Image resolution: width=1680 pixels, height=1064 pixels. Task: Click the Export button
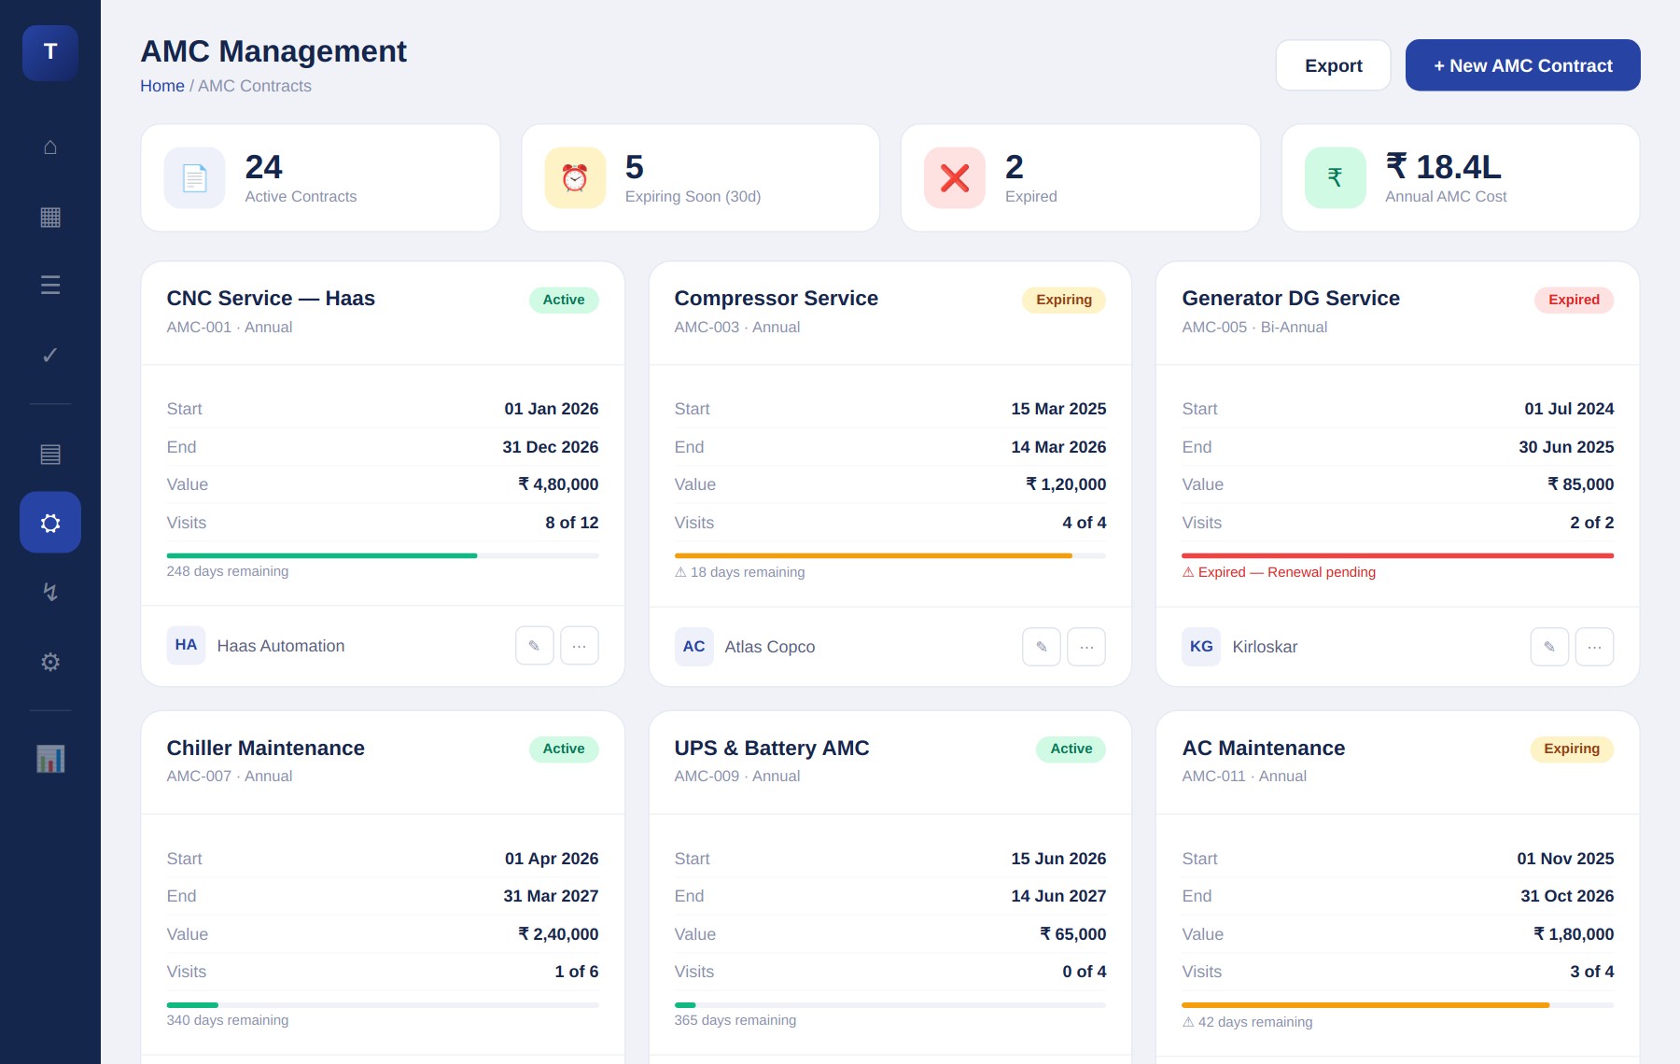click(x=1333, y=65)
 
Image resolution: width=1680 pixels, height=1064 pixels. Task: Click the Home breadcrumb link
click(x=162, y=86)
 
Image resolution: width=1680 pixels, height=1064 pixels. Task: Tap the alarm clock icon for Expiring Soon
click(x=575, y=177)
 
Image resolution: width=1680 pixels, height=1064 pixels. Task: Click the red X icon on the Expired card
click(x=954, y=177)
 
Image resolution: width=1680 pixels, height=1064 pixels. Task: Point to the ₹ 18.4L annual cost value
click(x=1443, y=167)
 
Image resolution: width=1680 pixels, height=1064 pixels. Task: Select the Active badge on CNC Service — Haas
click(x=564, y=300)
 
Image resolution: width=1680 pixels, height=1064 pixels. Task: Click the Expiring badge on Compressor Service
click(x=1063, y=300)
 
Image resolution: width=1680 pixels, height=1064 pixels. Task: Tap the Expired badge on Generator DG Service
click(x=1574, y=300)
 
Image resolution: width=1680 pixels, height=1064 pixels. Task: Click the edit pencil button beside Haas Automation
click(x=535, y=646)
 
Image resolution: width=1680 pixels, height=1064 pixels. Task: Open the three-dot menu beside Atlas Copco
click(x=1086, y=647)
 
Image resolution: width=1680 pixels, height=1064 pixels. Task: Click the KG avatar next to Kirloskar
click(x=1201, y=647)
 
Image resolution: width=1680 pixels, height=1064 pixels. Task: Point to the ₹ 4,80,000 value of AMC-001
click(x=558, y=484)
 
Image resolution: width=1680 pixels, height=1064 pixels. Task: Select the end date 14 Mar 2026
click(x=1058, y=447)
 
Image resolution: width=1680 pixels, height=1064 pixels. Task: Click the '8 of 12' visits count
click(x=572, y=523)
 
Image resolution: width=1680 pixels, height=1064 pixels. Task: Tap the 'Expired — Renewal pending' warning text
click(x=1279, y=572)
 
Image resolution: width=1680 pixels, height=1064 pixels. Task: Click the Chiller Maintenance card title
click(x=266, y=749)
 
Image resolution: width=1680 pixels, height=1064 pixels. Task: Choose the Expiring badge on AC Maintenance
click(x=1572, y=749)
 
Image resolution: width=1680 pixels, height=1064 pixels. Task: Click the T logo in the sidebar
click(x=50, y=52)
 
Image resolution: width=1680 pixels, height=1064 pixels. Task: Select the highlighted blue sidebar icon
click(x=50, y=523)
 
